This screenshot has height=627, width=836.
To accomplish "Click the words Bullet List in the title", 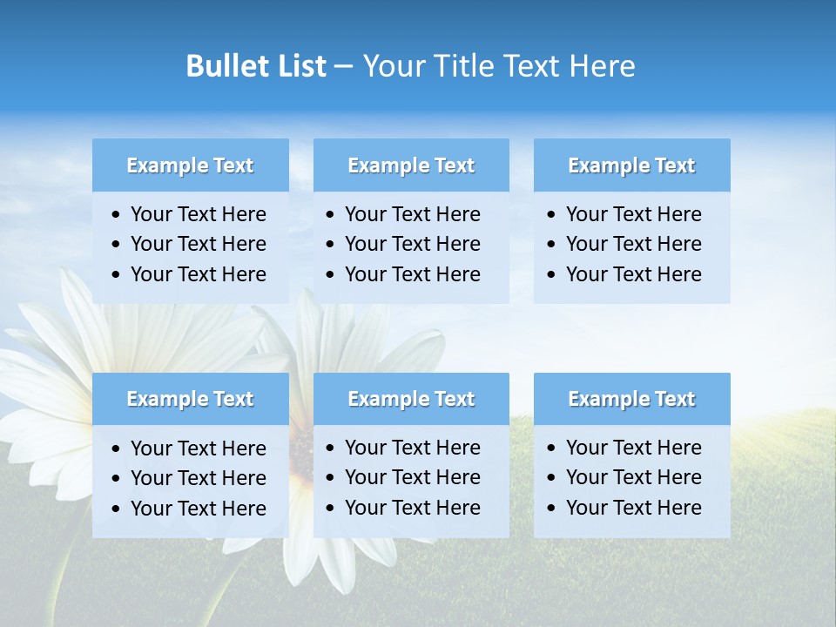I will pos(256,66).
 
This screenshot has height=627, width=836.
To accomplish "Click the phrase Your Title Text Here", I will pos(499,66).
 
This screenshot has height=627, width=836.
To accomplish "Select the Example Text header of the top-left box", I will pos(190,165).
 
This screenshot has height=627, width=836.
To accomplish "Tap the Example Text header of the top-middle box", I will pos(411,165).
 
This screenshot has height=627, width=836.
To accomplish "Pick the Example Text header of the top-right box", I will pos(631,165).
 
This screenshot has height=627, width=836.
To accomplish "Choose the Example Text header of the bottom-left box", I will pos(190,399).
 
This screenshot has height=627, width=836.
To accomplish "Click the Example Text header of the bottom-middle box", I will pos(411,399).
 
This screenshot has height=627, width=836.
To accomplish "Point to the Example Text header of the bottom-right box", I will pos(631,399).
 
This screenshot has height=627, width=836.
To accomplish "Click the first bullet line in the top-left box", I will pos(198,214).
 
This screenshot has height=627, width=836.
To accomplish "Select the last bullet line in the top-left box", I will pos(198,274).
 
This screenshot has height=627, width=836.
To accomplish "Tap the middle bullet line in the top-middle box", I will pos(412,244).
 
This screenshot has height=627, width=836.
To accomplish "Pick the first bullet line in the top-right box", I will pos(633,214).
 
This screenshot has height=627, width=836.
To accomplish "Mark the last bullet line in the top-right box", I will pos(633,274).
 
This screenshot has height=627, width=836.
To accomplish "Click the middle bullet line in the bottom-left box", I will pos(198,478).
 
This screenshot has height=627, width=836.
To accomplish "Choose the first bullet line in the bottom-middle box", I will pos(412,448).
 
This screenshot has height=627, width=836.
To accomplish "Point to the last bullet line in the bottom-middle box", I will pos(412,508).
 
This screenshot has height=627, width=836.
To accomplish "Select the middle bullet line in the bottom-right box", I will pos(633,477).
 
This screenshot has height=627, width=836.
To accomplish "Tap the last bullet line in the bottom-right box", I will pos(633,508).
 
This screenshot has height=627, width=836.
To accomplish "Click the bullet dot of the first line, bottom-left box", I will pos(116,449).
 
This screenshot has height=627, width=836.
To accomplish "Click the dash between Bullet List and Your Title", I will pos(343,67).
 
